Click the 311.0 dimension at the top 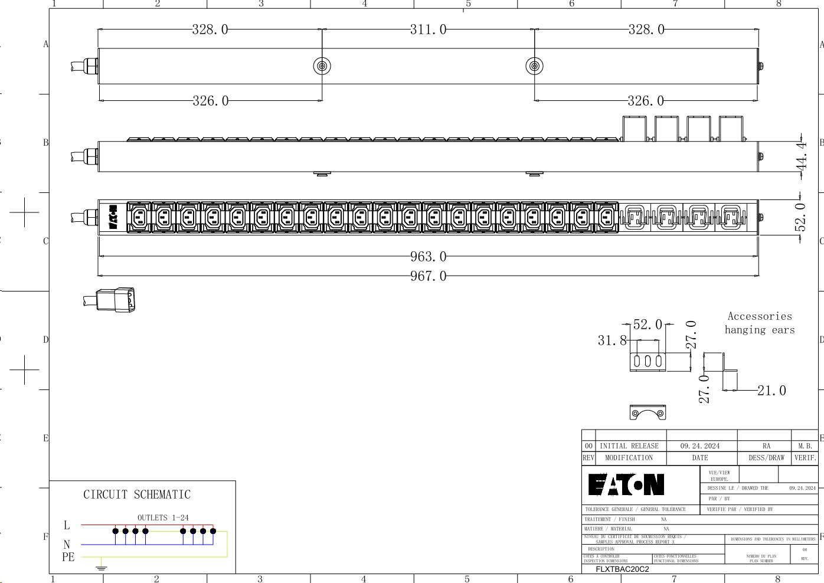point(428,30)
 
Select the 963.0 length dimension point(428,257)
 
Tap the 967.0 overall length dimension point(428,276)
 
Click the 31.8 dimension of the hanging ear point(612,340)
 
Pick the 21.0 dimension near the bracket point(771,391)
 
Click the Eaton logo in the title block point(626,485)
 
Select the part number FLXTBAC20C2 point(622,569)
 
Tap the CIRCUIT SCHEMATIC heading point(137,494)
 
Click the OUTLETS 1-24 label point(163,518)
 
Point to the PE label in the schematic point(68,557)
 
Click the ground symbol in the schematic point(102,568)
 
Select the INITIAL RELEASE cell point(629,446)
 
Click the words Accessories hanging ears point(760,323)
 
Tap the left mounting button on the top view point(322,66)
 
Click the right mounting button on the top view point(534,66)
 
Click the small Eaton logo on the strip point(113,218)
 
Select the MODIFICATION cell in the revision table point(629,458)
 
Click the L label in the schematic point(67,525)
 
